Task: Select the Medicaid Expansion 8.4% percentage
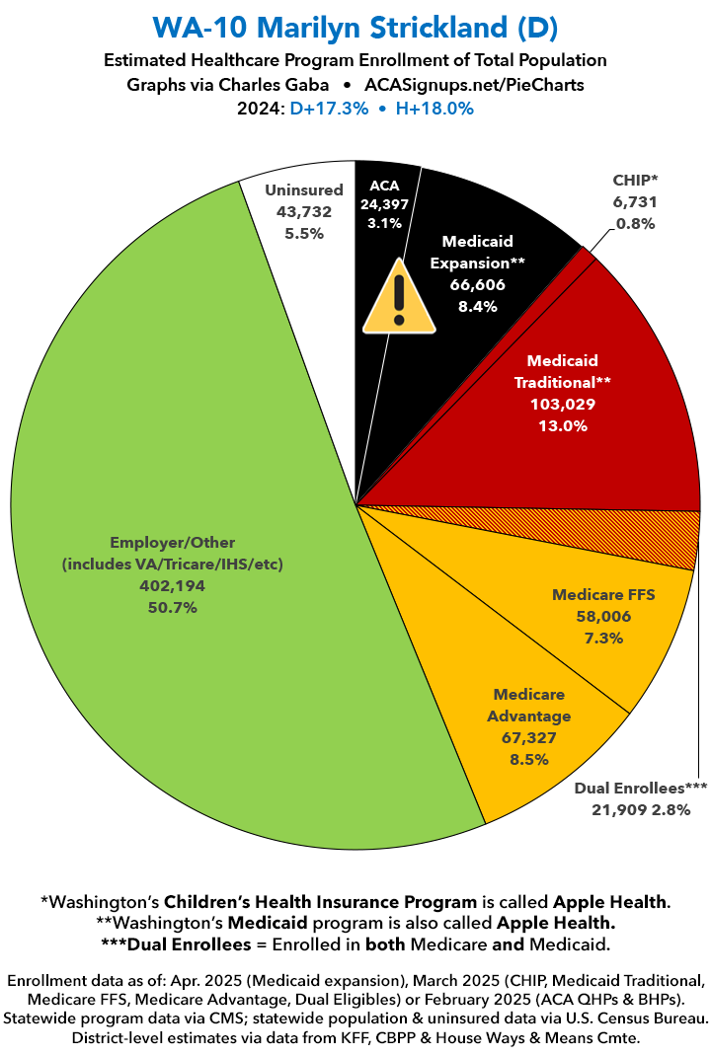[x=477, y=306]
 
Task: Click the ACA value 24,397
[x=384, y=206]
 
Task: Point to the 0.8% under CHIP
[x=635, y=223]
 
